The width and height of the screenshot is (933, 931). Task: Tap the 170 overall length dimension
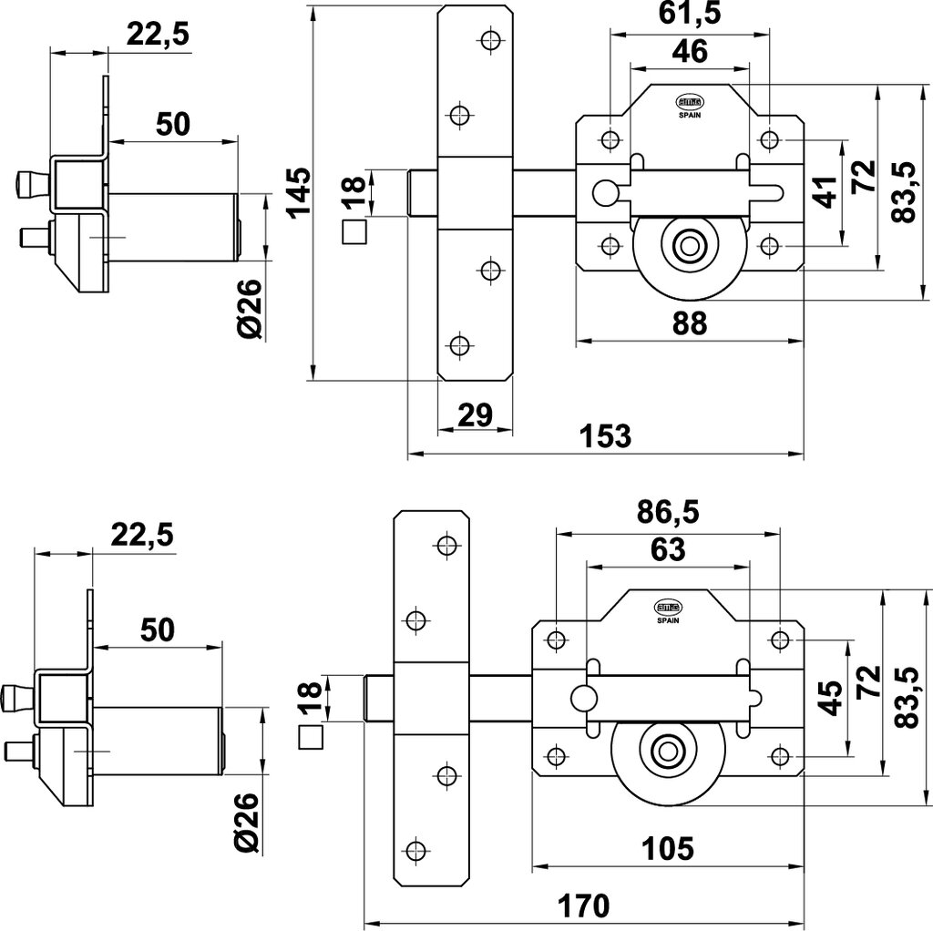[583, 906]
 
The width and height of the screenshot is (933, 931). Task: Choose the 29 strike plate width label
[474, 415]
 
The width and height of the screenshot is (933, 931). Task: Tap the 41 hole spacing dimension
[825, 192]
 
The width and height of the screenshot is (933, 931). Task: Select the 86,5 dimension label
[668, 513]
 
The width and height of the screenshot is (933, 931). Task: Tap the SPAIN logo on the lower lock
[666, 609]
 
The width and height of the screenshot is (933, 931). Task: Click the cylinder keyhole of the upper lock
[688, 246]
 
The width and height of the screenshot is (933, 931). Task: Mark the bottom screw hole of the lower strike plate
[415, 851]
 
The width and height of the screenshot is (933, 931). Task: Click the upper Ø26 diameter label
[252, 309]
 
